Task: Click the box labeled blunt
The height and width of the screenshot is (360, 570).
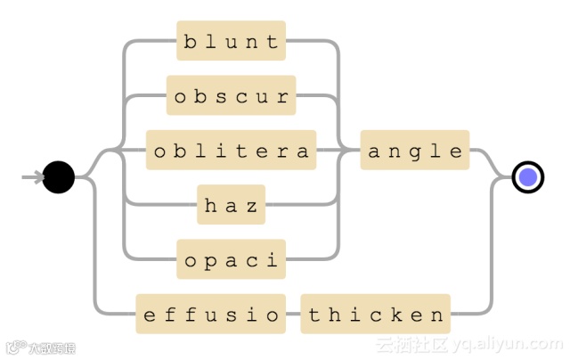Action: point(231,41)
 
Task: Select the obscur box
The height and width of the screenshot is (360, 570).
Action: point(231,96)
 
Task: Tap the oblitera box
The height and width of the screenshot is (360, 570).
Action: point(231,151)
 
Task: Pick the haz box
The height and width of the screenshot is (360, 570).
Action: point(231,206)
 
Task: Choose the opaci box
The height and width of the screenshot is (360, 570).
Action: point(231,260)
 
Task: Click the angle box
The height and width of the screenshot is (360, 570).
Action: point(415,151)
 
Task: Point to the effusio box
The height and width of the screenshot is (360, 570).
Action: point(210,315)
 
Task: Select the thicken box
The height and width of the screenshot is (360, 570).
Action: point(375,315)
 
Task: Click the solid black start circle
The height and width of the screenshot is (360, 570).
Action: point(59,177)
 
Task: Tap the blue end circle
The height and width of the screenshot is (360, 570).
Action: point(528,177)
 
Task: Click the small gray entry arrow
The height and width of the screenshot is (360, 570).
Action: point(32,177)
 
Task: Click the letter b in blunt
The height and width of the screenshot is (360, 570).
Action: point(190,41)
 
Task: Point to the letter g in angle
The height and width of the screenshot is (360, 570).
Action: point(415,151)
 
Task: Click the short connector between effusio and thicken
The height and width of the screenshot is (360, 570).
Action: point(293,315)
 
